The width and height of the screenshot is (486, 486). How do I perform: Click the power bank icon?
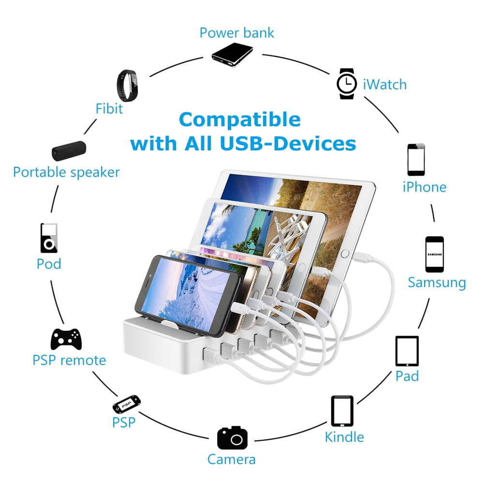(x=232, y=55)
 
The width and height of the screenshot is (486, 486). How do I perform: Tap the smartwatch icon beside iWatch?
(x=347, y=84)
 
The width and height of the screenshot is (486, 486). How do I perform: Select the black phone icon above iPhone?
(x=416, y=160)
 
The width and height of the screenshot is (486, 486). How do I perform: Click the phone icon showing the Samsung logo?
(x=434, y=254)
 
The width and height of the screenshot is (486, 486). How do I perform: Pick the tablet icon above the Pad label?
(x=407, y=351)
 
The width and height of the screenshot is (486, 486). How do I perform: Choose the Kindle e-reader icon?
(x=342, y=411)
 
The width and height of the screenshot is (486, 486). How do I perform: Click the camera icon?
(x=232, y=438)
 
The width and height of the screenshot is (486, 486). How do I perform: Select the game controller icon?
(x=66, y=339)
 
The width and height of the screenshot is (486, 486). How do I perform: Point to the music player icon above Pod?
(x=49, y=238)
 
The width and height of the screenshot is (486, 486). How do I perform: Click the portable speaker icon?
(x=69, y=151)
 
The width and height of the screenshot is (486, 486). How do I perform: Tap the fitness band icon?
(x=127, y=86)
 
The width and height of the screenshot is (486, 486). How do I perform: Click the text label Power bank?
(x=236, y=33)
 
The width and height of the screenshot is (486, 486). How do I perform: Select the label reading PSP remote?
(x=69, y=360)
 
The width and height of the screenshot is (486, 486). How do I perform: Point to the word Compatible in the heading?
(x=239, y=119)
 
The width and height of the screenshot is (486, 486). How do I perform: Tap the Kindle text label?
(x=344, y=437)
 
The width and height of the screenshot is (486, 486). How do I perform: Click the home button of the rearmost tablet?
(x=345, y=253)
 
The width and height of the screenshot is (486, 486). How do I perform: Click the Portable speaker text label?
(x=66, y=172)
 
